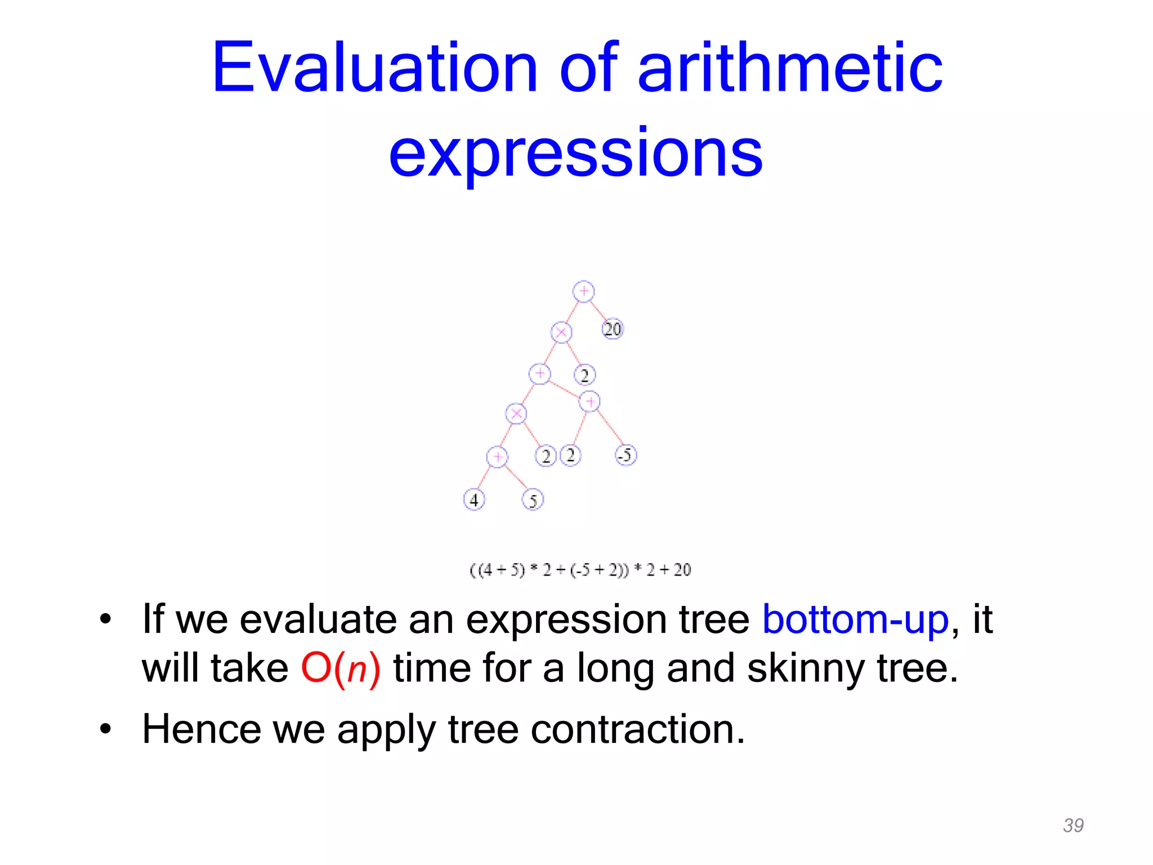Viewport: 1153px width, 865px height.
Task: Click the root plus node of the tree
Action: [x=583, y=291]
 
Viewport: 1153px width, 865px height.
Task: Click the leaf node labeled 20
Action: [x=613, y=329]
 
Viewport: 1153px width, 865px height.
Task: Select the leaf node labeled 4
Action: [x=473, y=500]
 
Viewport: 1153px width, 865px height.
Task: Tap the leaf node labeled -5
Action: [x=625, y=454]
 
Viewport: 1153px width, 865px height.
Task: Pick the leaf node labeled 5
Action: [x=533, y=500]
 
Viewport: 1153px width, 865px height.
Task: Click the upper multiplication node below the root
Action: [x=561, y=332]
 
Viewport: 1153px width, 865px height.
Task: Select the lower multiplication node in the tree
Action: [x=516, y=414]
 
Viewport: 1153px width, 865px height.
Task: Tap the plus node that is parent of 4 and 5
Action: [x=497, y=457]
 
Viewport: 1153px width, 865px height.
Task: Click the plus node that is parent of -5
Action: [x=589, y=402]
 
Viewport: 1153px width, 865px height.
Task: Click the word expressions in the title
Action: [x=575, y=152]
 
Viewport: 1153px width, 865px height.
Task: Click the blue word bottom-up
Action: [x=855, y=619]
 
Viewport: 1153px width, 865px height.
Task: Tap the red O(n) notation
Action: [x=341, y=668]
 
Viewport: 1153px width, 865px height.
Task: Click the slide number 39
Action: [x=1073, y=825]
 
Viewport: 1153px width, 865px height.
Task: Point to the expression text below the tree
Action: [x=580, y=570]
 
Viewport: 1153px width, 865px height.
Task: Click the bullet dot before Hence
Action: [x=105, y=730]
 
